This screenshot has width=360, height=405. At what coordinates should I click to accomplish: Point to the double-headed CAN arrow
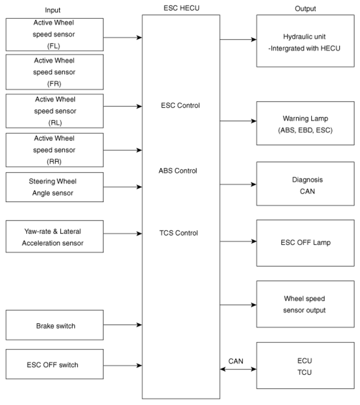point(238,369)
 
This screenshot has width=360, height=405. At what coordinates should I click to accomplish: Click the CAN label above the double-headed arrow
point(236,361)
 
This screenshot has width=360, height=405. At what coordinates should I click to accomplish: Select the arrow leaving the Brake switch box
point(123,325)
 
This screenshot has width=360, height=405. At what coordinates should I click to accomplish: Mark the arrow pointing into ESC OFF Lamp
point(238,241)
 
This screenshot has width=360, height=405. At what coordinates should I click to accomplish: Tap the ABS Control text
point(178,170)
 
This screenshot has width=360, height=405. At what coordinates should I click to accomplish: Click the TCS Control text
point(178,233)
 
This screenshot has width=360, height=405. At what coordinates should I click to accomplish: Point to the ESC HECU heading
point(182,8)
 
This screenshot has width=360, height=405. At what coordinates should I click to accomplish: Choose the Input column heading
point(53,10)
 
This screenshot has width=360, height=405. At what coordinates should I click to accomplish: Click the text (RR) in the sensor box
point(54,162)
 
